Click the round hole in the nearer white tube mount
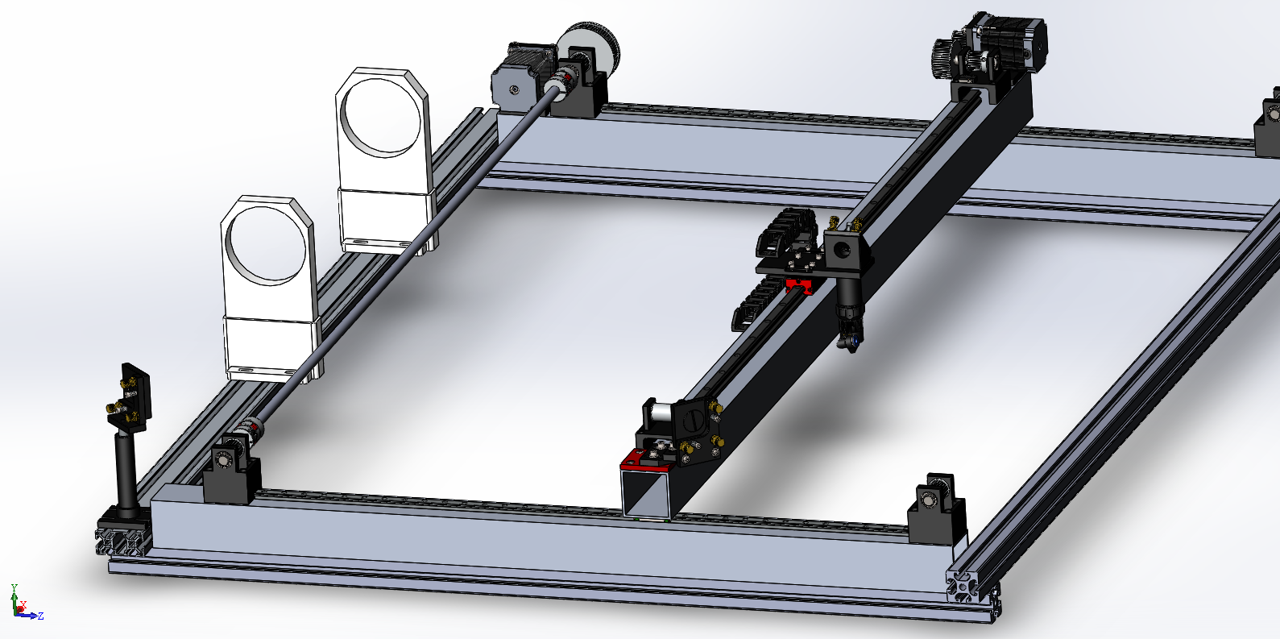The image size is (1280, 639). [267, 245]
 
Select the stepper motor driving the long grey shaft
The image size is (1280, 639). [524, 77]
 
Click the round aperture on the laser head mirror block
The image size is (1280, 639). [842, 249]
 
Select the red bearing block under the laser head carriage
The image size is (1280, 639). [800, 285]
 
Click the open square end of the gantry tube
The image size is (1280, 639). [648, 492]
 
